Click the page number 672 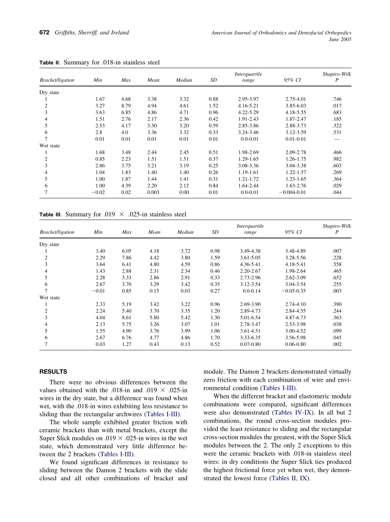click(44, 33)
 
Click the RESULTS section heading click(53, 372)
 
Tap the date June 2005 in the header click(340, 39)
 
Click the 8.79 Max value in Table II click(126, 106)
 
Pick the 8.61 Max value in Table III click(126, 318)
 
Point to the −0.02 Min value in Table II click(99, 192)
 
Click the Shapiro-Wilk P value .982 click(337, 159)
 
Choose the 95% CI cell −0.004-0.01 click(292, 192)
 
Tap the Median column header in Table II click(184, 80)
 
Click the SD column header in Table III click(215, 232)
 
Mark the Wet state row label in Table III click(49, 298)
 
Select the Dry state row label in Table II click(49, 92)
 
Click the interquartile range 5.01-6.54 click(250, 318)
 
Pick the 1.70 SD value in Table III click(215, 338)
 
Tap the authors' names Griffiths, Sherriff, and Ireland click(92, 33)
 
